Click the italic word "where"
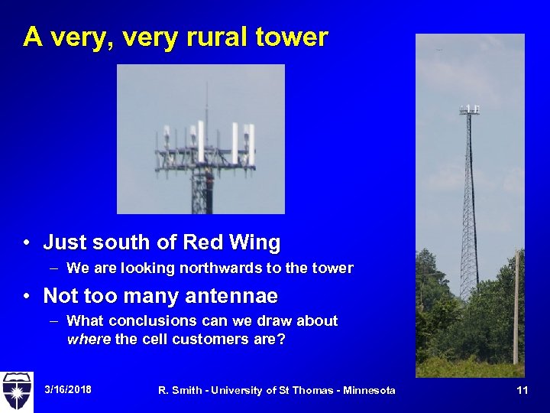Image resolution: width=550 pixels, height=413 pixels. pos(89,339)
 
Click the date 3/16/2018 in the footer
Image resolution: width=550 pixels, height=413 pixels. pos(68,389)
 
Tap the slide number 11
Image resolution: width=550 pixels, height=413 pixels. pos(522,390)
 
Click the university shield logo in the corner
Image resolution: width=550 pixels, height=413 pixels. pos(16,391)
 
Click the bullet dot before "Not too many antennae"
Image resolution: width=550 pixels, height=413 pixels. pos(27,296)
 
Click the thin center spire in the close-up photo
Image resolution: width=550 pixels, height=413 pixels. pos(205,103)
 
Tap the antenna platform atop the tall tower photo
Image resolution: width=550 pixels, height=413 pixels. pos(469,109)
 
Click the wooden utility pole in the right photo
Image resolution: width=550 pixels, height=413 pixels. pos(516,306)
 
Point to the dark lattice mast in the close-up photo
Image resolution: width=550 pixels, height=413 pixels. pos(201,191)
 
